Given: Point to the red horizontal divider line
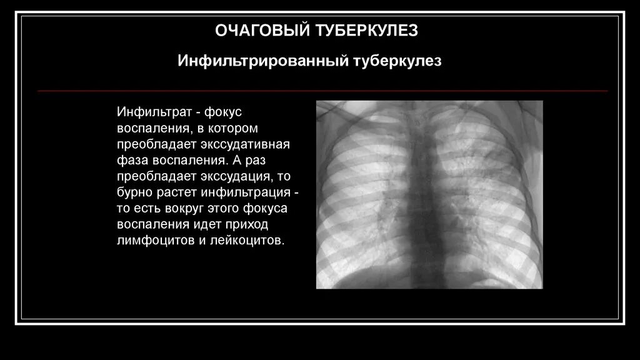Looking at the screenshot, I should coord(322,91).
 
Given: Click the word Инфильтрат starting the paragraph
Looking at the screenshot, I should coord(152,111).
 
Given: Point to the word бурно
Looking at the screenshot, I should coord(132,192).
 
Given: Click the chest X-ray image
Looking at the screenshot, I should coord(429,194).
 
